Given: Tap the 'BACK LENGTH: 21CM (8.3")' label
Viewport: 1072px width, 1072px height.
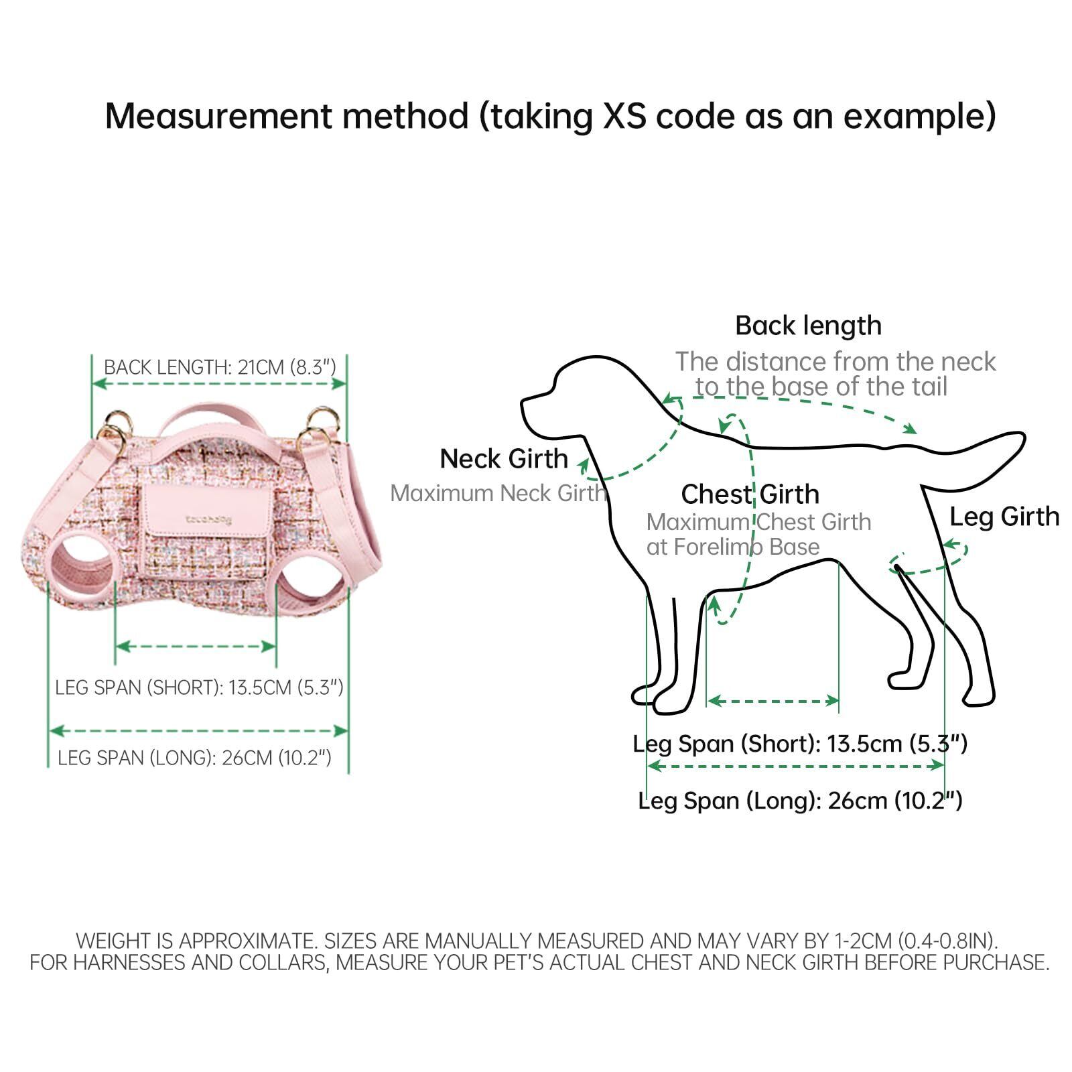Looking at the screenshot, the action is (219, 367).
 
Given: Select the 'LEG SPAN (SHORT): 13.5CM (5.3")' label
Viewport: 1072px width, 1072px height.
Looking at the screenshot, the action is (199, 687).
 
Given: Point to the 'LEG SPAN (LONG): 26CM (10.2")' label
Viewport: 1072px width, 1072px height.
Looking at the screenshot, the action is (194, 758).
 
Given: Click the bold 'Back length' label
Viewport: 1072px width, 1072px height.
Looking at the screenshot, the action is (808, 326).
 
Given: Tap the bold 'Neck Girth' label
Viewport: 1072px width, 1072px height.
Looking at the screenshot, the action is (504, 459).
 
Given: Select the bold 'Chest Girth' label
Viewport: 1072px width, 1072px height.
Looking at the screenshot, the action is (750, 494).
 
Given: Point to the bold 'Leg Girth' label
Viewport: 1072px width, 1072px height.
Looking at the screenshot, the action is (1004, 517).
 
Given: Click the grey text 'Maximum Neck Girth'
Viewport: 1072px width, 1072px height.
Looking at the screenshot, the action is (498, 493).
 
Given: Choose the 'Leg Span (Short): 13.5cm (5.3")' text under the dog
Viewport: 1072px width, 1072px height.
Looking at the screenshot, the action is (800, 743).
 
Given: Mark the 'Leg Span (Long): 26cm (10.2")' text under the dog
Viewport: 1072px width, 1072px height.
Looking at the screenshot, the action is (800, 801).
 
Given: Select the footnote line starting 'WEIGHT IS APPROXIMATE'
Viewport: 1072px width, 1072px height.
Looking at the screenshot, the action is (536, 941).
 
